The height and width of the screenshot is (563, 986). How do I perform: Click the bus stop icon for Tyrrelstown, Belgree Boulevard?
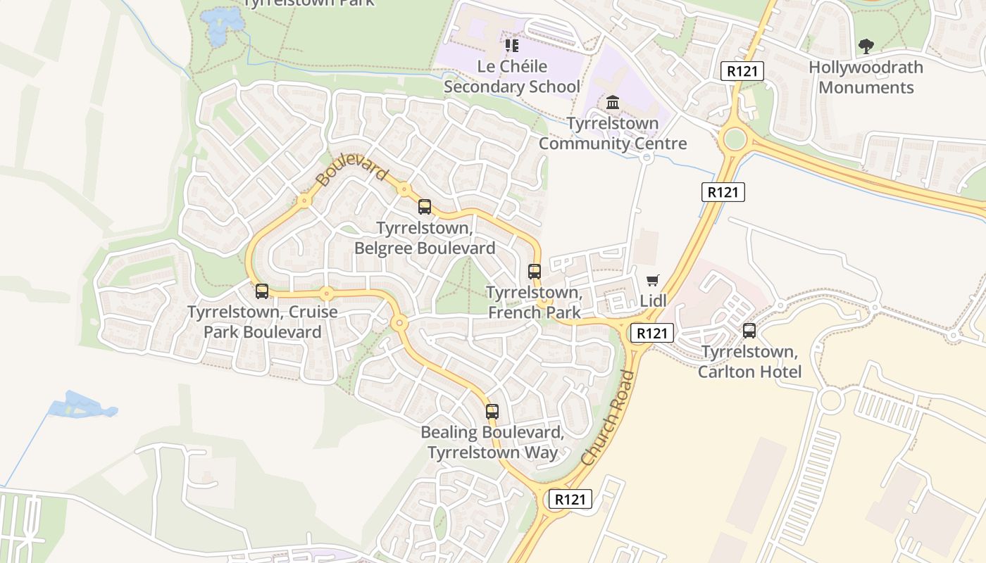(x=425, y=207)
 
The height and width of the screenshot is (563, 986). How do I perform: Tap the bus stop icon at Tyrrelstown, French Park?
(x=535, y=272)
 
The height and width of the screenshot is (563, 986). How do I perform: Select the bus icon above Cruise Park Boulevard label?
(x=262, y=291)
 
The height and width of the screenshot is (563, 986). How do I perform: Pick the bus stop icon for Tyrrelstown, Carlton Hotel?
(x=749, y=331)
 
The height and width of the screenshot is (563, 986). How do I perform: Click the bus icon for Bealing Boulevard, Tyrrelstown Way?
(x=492, y=412)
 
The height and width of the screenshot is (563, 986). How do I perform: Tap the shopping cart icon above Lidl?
(x=653, y=281)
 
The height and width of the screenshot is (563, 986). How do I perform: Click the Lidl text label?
(x=653, y=301)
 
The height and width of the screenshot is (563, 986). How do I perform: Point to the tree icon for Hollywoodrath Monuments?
(x=866, y=47)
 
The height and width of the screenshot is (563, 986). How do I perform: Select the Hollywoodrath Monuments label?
(x=866, y=77)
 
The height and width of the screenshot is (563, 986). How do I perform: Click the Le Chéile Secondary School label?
(x=512, y=77)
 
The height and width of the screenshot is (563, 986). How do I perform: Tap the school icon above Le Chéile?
(x=512, y=46)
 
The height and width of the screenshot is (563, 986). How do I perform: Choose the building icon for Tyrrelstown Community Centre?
(x=613, y=103)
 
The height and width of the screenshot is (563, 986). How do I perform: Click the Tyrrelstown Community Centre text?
(x=613, y=134)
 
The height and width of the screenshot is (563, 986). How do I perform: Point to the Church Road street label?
(x=609, y=418)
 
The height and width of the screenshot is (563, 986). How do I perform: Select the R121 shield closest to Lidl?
(x=652, y=333)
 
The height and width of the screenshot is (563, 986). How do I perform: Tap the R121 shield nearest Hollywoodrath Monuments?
(x=742, y=70)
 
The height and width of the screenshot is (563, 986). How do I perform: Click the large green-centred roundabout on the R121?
(x=734, y=138)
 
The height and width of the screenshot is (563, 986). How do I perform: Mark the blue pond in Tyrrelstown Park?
(x=223, y=20)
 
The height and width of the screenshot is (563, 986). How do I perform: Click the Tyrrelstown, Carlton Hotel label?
(x=749, y=362)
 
